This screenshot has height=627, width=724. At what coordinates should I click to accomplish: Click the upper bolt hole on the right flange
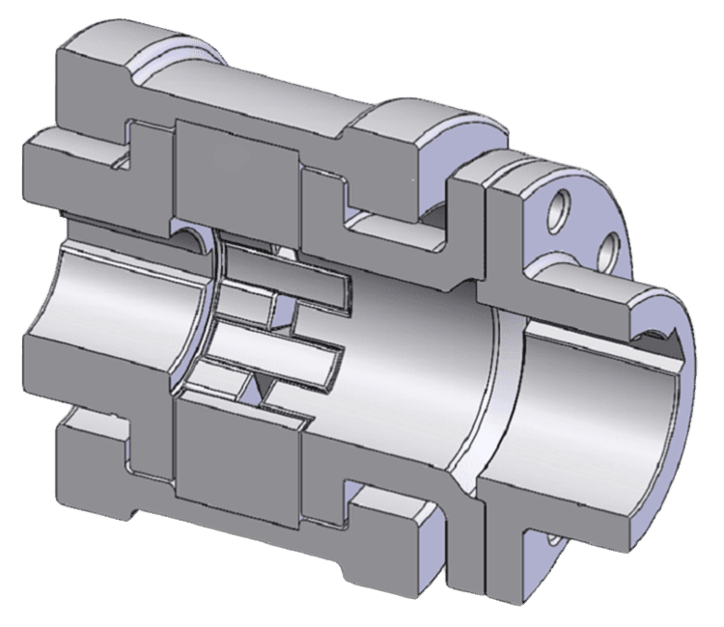coord(557,208)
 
